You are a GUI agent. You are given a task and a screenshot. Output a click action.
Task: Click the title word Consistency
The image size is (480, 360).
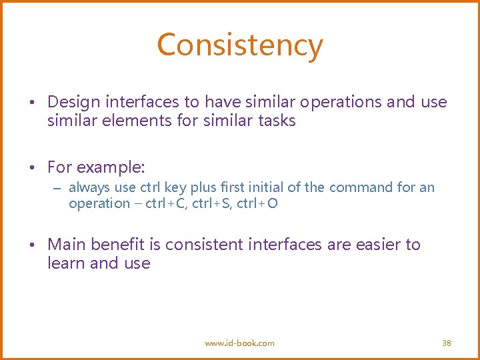pyautogui.click(x=240, y=45)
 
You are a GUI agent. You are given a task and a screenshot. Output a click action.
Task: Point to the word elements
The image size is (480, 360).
pyautogui.click(x=129, y=121)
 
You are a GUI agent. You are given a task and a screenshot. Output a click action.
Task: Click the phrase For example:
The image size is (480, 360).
pyautogui.click(x=96, y=167)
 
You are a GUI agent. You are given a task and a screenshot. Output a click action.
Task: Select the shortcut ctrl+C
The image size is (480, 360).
pyautogui.click(x=167, y=203)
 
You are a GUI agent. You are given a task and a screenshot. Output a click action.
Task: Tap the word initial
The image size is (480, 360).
pyautogui.click(x=265, y=188)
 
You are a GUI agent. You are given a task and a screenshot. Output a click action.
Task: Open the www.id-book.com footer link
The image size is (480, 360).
pyautogui.click(x=239, y=343)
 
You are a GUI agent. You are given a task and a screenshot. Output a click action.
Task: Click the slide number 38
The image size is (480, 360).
pyautogui.click(x=447, y=343)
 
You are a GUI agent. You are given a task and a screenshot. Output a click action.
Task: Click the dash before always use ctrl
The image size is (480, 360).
pyautogui.click(x=58, y=189)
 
